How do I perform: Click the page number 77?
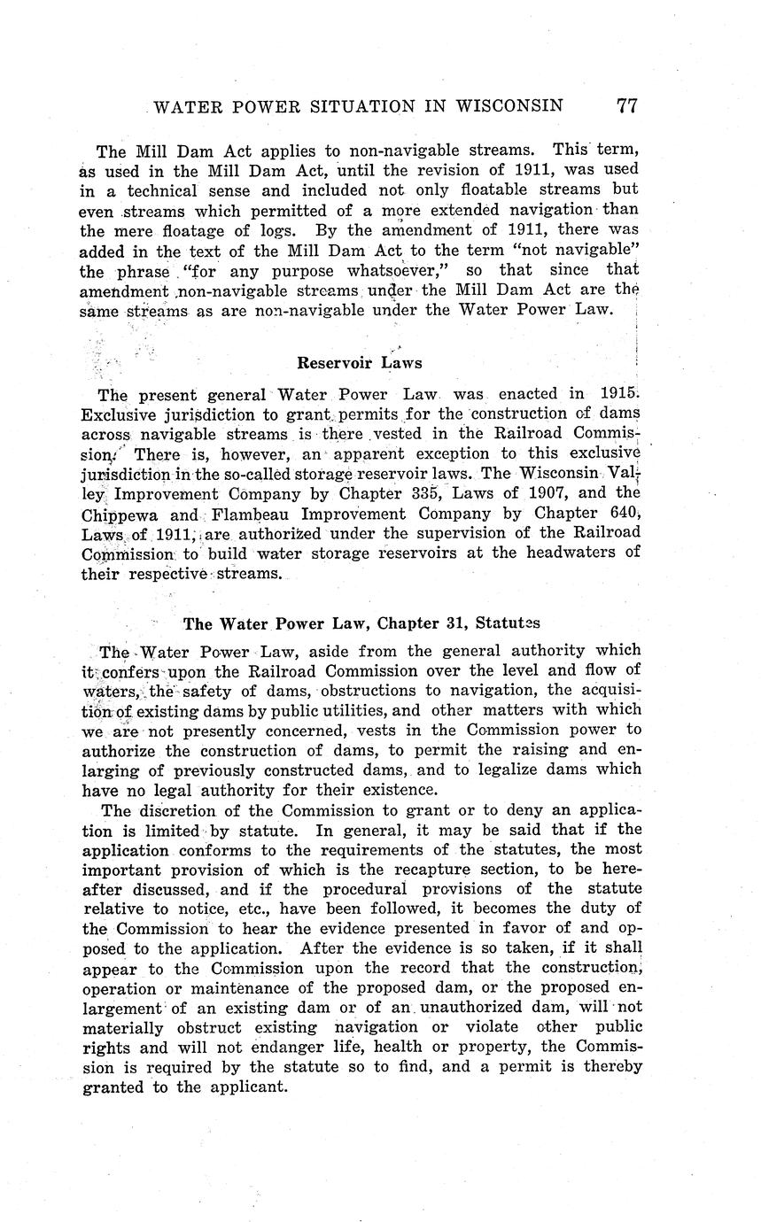point(626,106)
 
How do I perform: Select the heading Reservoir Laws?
point(359,362)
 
